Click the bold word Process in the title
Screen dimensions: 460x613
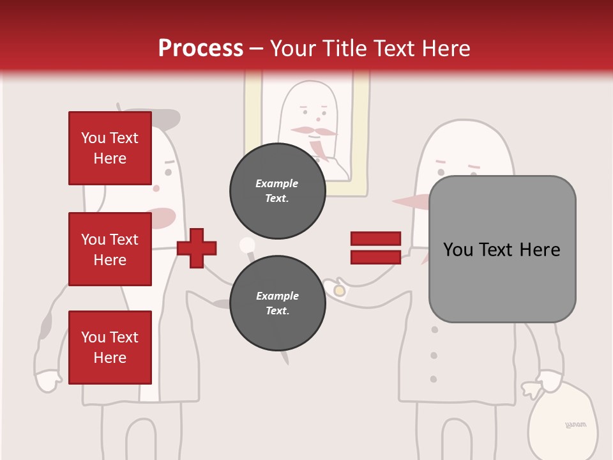coord(201,49)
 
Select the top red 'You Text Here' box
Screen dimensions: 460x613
coord(110,148)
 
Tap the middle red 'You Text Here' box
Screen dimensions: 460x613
coord(110,249)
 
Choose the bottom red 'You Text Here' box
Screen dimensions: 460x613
coord(110,348)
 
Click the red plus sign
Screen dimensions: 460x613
coord(197,248)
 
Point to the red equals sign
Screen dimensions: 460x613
coord(375,248)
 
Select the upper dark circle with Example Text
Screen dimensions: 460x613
coord(277,190)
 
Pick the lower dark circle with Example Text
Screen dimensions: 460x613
coord(277,303)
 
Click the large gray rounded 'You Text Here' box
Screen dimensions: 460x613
coord(502,249)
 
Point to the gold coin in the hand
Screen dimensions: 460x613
coord(340,291)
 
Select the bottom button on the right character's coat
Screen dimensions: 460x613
coord(434,379)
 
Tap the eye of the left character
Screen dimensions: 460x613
coord(169,172)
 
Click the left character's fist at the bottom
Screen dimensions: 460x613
coord(47,381)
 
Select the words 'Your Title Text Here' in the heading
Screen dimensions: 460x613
coord(370,49)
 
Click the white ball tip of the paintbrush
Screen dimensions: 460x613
coord(245,245)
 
